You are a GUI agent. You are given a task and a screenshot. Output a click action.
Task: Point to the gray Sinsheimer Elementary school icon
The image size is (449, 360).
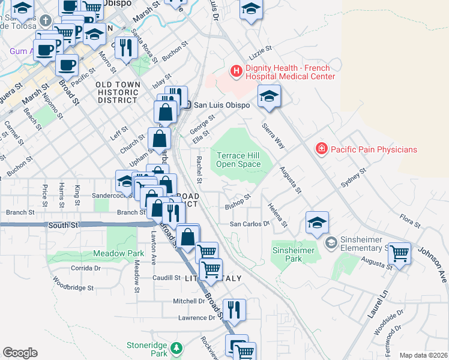coord(330,243)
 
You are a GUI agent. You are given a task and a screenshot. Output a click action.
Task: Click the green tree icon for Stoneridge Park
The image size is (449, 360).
coord(176,348)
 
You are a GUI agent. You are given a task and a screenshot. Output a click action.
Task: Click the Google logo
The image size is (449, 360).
coord(20,353)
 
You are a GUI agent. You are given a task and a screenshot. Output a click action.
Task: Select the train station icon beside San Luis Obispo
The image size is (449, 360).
coord(187,105)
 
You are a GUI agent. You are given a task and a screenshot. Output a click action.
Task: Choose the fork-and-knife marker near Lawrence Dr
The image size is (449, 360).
coord(234,308)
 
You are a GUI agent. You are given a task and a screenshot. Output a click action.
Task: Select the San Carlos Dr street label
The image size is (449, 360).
coord(250,224)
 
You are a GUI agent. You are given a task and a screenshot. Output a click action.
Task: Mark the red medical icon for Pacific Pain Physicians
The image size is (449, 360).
coord(322,148)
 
